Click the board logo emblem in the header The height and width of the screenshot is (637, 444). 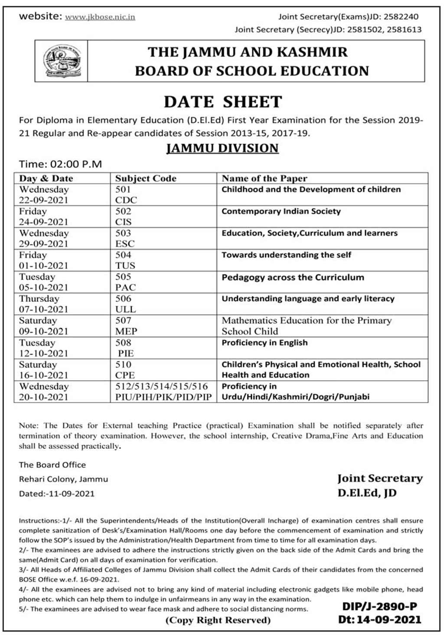62,61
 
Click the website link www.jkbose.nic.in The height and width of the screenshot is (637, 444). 100,17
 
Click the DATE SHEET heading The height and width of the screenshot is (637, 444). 223,102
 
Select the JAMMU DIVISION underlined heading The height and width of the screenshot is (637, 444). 222,148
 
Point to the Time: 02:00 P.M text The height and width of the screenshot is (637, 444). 60,164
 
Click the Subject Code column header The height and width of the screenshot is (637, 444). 146,178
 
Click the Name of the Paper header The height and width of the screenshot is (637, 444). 264,178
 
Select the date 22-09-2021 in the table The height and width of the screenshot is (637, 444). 43,200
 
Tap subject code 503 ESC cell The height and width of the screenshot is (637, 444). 125,238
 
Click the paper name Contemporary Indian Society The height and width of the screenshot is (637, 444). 281,212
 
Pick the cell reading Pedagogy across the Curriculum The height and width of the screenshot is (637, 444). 293,278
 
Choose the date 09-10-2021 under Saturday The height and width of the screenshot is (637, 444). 43,331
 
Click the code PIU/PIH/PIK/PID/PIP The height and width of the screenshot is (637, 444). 163,397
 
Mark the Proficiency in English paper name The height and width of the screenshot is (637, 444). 264,343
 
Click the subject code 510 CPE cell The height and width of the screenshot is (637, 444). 125,370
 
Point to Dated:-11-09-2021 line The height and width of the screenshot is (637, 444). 56,493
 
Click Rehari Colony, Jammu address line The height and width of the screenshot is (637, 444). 63,479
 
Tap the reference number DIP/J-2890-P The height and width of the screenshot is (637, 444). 379,606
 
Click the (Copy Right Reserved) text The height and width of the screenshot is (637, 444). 218,620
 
